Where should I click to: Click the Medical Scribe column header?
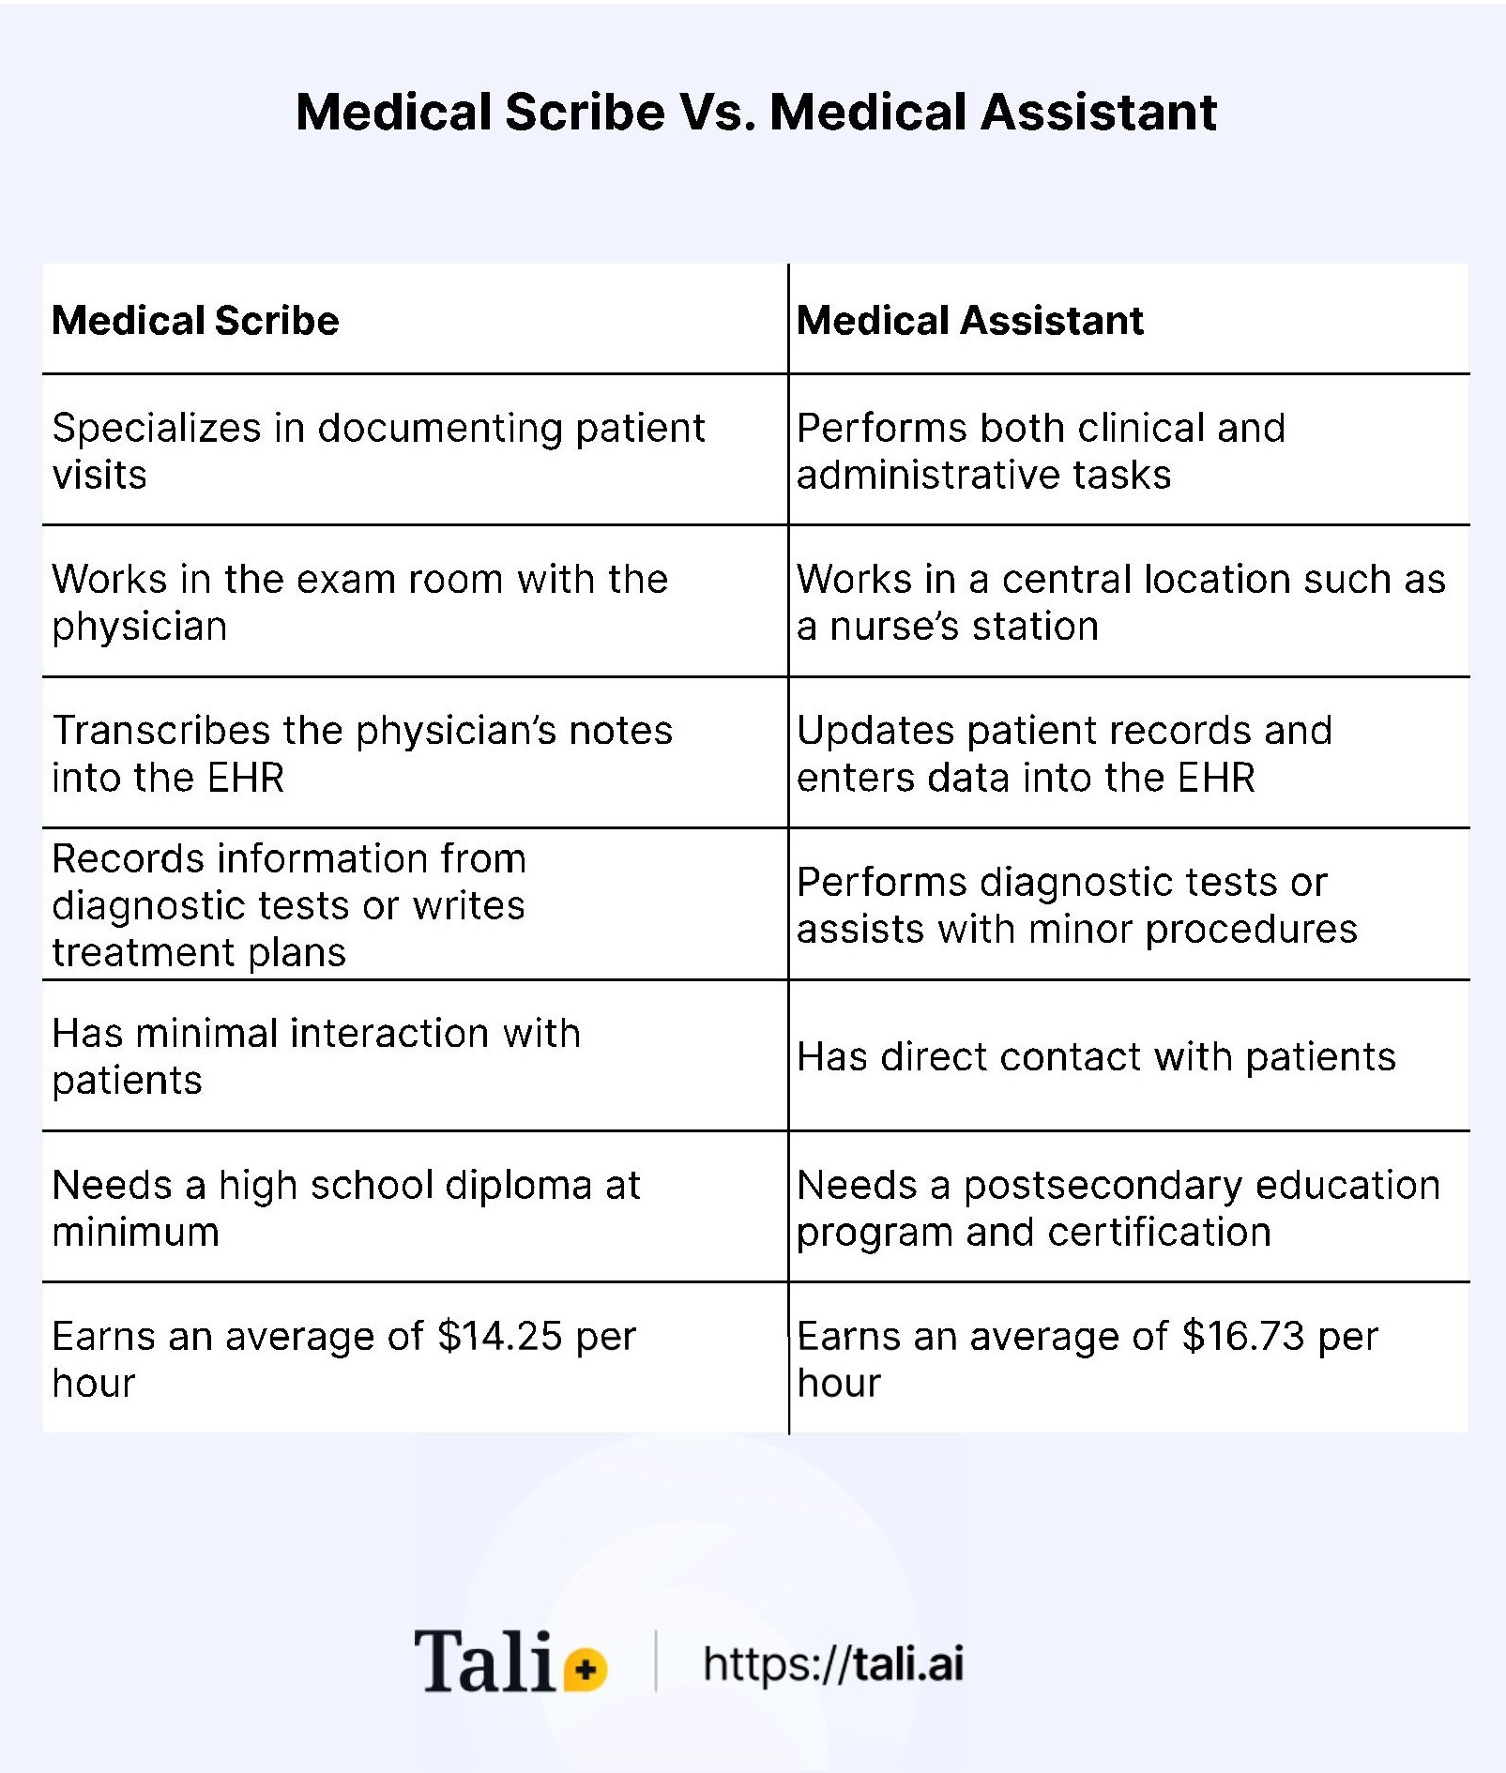tap(195, 321)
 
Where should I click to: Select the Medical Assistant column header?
tap(970, 321)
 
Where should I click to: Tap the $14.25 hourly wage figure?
tap(499, 1337)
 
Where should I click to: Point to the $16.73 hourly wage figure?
tap(1243, 1337)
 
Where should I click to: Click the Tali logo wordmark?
tap(484, 1662)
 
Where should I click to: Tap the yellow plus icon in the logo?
tap(586, 1669)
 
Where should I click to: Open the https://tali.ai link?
tap(833, 1664)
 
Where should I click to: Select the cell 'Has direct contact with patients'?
tap(1096, 1057)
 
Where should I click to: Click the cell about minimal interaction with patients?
tap(316, 1056)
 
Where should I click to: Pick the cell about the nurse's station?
tap(1121, 602)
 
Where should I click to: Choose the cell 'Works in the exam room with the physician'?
tap(359, 602)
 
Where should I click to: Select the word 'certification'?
tap(1160, 1233)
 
